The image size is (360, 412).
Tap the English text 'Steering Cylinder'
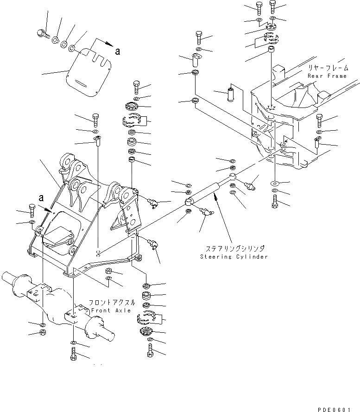click(234, 256)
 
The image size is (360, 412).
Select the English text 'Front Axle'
click(111, 310)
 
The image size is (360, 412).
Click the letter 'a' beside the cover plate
click(118, 51)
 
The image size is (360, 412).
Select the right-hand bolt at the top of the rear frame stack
click(272, 6)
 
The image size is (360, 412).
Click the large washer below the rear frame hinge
click(274, 183)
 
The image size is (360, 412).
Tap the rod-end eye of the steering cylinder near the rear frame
click(233, 176)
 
